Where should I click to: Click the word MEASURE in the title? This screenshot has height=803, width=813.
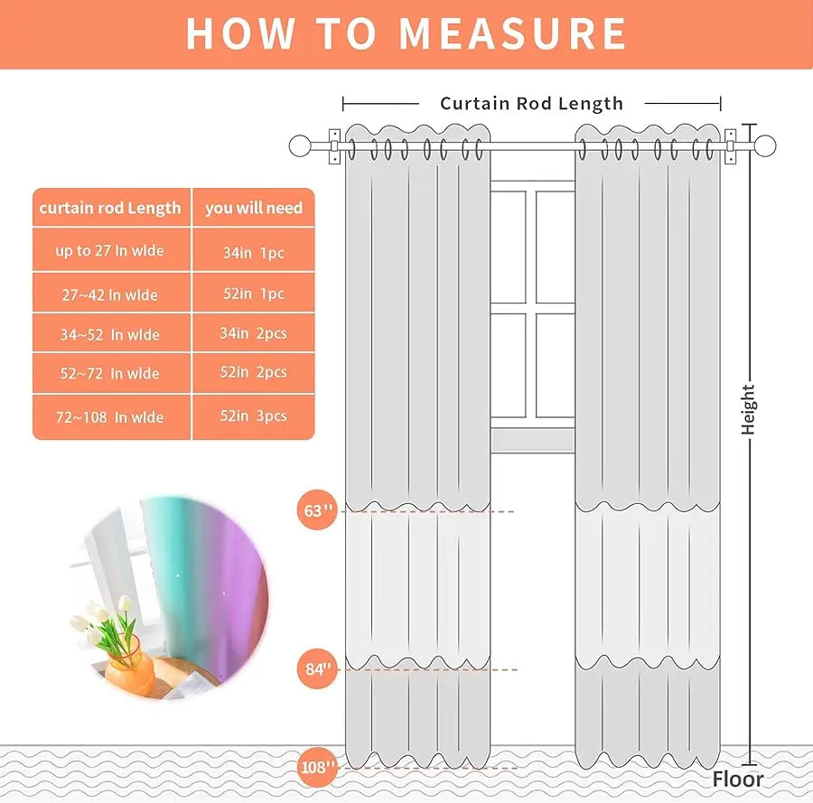point(513,33)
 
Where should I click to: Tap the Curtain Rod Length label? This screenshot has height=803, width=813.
point(531,104)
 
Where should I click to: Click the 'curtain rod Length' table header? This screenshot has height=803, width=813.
point(110,209)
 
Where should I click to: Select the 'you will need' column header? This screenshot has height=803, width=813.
point(253,209)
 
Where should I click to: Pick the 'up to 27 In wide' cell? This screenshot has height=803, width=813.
point(110,251)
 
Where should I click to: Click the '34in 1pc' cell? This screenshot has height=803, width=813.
point(254,253)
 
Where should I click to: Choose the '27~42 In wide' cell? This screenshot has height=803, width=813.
point(110,295)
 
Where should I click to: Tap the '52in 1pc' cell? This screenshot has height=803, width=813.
point(254,294)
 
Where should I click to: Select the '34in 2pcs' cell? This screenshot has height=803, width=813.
point(254,334)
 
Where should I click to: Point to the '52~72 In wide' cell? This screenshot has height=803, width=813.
point(110,374)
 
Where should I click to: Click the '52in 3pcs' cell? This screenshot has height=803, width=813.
point(254,416)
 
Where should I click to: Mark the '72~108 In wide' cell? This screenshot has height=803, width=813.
point(110,417)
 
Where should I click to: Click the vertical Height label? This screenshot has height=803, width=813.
point(748,409)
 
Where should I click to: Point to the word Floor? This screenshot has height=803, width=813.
point(737,780)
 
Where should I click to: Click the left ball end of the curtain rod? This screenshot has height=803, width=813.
point(300,145)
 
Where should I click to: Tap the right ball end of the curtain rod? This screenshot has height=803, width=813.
point(765,145)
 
